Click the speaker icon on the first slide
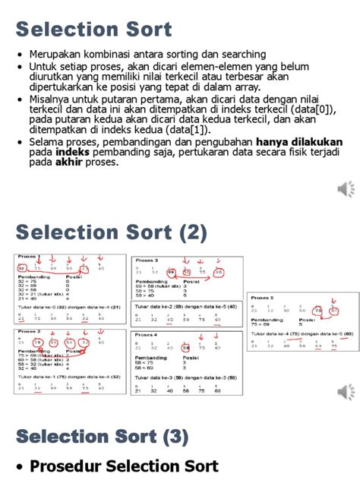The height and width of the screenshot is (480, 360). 346,188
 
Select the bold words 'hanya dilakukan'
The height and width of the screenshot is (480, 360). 299,142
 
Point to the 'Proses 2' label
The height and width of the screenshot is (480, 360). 30,332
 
